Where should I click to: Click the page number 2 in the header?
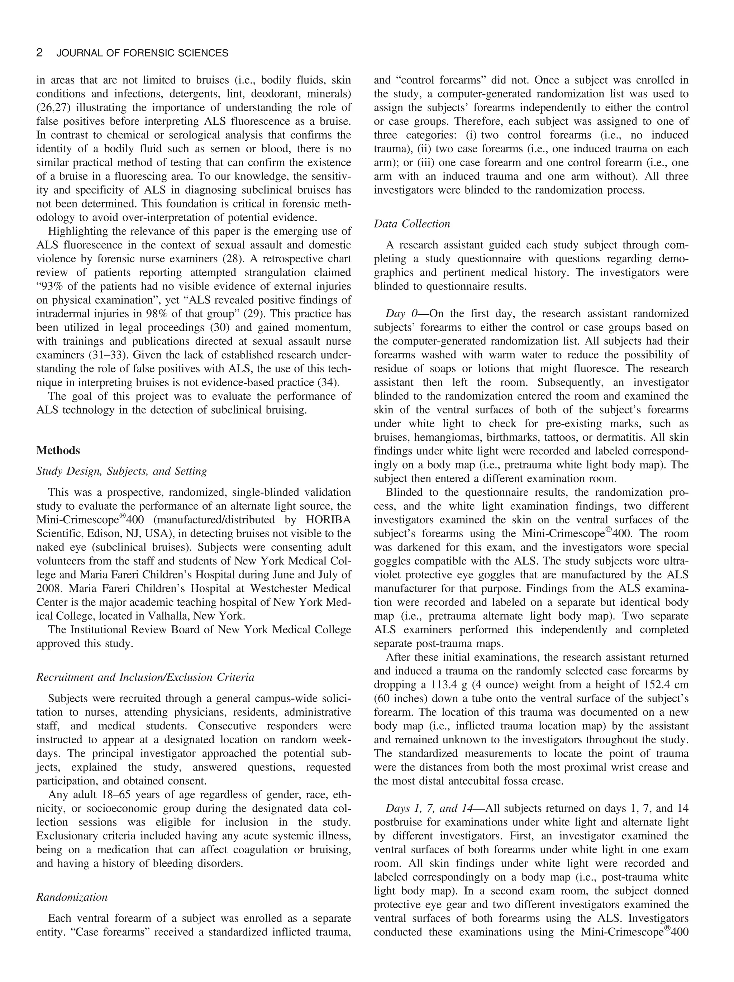(x=39, y=53)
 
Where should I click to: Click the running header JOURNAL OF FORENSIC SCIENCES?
(x=142, y=54)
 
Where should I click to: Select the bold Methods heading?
(x=58, y=450)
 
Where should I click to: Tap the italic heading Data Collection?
(x=412, y=224)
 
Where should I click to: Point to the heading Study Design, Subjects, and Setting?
(x=121, y=471)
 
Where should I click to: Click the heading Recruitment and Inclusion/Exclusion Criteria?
(x=145, y=677)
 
